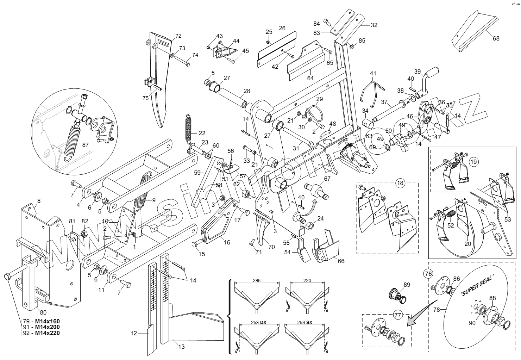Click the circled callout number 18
pos(400,183)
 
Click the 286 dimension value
pos(257,281)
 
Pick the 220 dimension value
pos(307,281)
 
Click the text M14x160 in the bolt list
pos(46,321)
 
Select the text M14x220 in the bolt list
pos(46,333)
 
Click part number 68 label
pos(496,38)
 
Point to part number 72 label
pos(178,36)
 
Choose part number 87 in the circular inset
pos(86,145)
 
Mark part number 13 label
pos(181,347)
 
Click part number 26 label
pos(282,28)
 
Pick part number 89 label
pos(407,285)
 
